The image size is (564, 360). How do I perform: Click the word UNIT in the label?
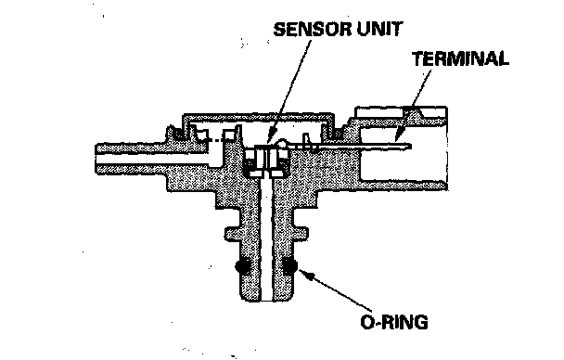coord(379,29)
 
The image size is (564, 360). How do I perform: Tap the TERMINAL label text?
coord(460,58)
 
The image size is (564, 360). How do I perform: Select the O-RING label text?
coord(394,322)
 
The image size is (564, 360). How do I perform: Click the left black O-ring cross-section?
coord(242,266)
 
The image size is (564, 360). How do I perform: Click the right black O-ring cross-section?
coord(289,266)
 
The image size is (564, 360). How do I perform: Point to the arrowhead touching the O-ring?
coord(304,275)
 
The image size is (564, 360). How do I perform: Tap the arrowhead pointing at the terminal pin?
coord(397,137)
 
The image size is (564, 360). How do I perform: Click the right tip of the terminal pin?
coord(411,146)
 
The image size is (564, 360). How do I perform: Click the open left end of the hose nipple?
coord(96,159)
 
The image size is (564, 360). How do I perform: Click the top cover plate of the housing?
coord(259,117)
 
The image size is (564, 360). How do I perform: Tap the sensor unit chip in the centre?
coord(266,160)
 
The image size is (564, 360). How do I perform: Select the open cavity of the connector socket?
coord(403,165)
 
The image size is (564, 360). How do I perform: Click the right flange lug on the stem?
coord(301,234)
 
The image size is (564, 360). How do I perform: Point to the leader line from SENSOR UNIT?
coord(290,89)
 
